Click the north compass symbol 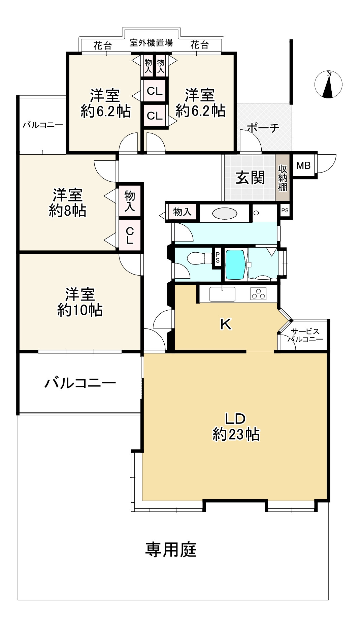[328, 85]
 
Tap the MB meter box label [303, 165]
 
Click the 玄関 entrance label [250, 178]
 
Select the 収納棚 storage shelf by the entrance [283, 178]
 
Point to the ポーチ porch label [263, 128]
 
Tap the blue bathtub [235, 264]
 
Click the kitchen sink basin [222, 294]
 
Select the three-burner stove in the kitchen [258, 294]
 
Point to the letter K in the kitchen [226, 324]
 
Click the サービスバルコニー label [305, 335]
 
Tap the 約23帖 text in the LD [236, 435]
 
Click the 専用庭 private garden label [171, 550]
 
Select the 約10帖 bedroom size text [80, 310]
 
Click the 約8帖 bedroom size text [67, 211]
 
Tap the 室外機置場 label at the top [151, 43]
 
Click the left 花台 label [102, 45]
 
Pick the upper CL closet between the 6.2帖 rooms [155, 91]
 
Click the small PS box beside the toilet [218, 258]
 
